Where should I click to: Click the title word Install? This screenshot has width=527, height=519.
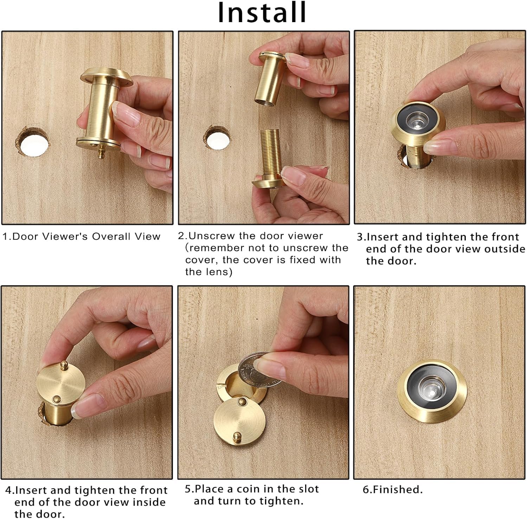[x=262, y=12]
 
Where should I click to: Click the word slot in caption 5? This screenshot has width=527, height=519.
[x=307, y=489]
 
